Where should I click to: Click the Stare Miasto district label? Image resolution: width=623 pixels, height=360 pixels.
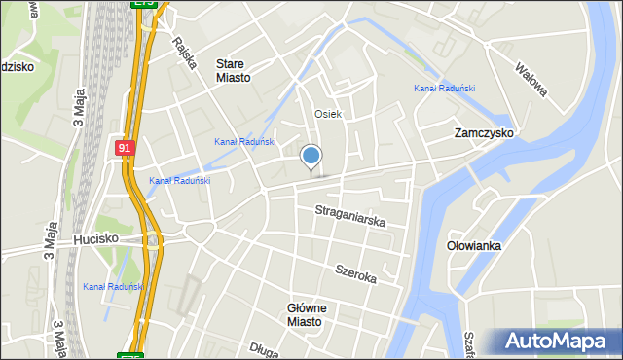pos(234,71)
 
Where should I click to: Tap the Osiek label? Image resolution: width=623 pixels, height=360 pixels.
pos(328,114)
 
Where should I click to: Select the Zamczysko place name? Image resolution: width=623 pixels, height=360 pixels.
pos(484,132)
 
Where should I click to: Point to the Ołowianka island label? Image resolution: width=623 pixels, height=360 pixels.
pos(473,246)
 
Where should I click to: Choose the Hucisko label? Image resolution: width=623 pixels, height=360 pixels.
pos(96,238)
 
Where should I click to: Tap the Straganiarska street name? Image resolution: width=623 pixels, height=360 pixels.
pos(350,216)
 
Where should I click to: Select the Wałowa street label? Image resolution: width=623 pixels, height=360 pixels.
pos(531,79)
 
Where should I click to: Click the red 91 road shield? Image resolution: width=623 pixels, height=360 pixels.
pos(124,148)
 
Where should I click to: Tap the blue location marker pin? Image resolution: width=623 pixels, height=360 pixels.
pos(311,156)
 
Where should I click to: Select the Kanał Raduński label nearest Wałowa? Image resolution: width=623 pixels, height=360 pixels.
pos(444,89)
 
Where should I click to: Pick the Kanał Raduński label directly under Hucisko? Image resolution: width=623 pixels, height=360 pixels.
pos(113,286)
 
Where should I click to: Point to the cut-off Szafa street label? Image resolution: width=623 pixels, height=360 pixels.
pos(469,342)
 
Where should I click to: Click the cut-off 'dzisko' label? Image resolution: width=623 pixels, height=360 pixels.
pos(18,67)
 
